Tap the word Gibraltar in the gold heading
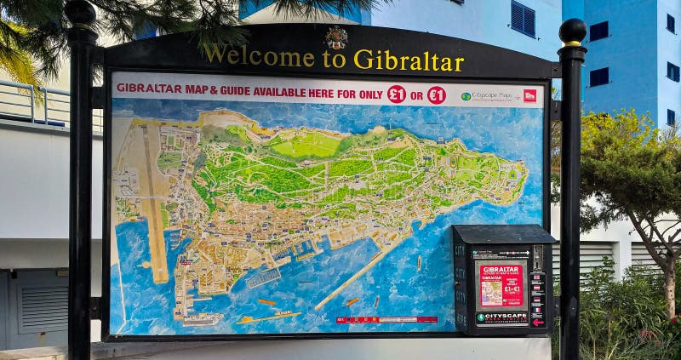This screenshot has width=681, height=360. (x=409, y=60)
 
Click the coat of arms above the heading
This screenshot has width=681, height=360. (x=336, y=37)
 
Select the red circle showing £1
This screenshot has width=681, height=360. (x=397, y=94)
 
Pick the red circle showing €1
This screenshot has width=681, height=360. (x=437, y=94)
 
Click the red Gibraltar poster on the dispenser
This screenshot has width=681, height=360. (x=501, y=284)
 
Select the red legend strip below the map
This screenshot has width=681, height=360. (x=386, y=320)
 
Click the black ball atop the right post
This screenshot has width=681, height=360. (x=573, y=31)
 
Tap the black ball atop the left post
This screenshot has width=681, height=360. (x=81, y=13)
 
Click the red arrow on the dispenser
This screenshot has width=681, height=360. (x=537, y=321)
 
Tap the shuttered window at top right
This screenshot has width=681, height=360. (x=523, y=18)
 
